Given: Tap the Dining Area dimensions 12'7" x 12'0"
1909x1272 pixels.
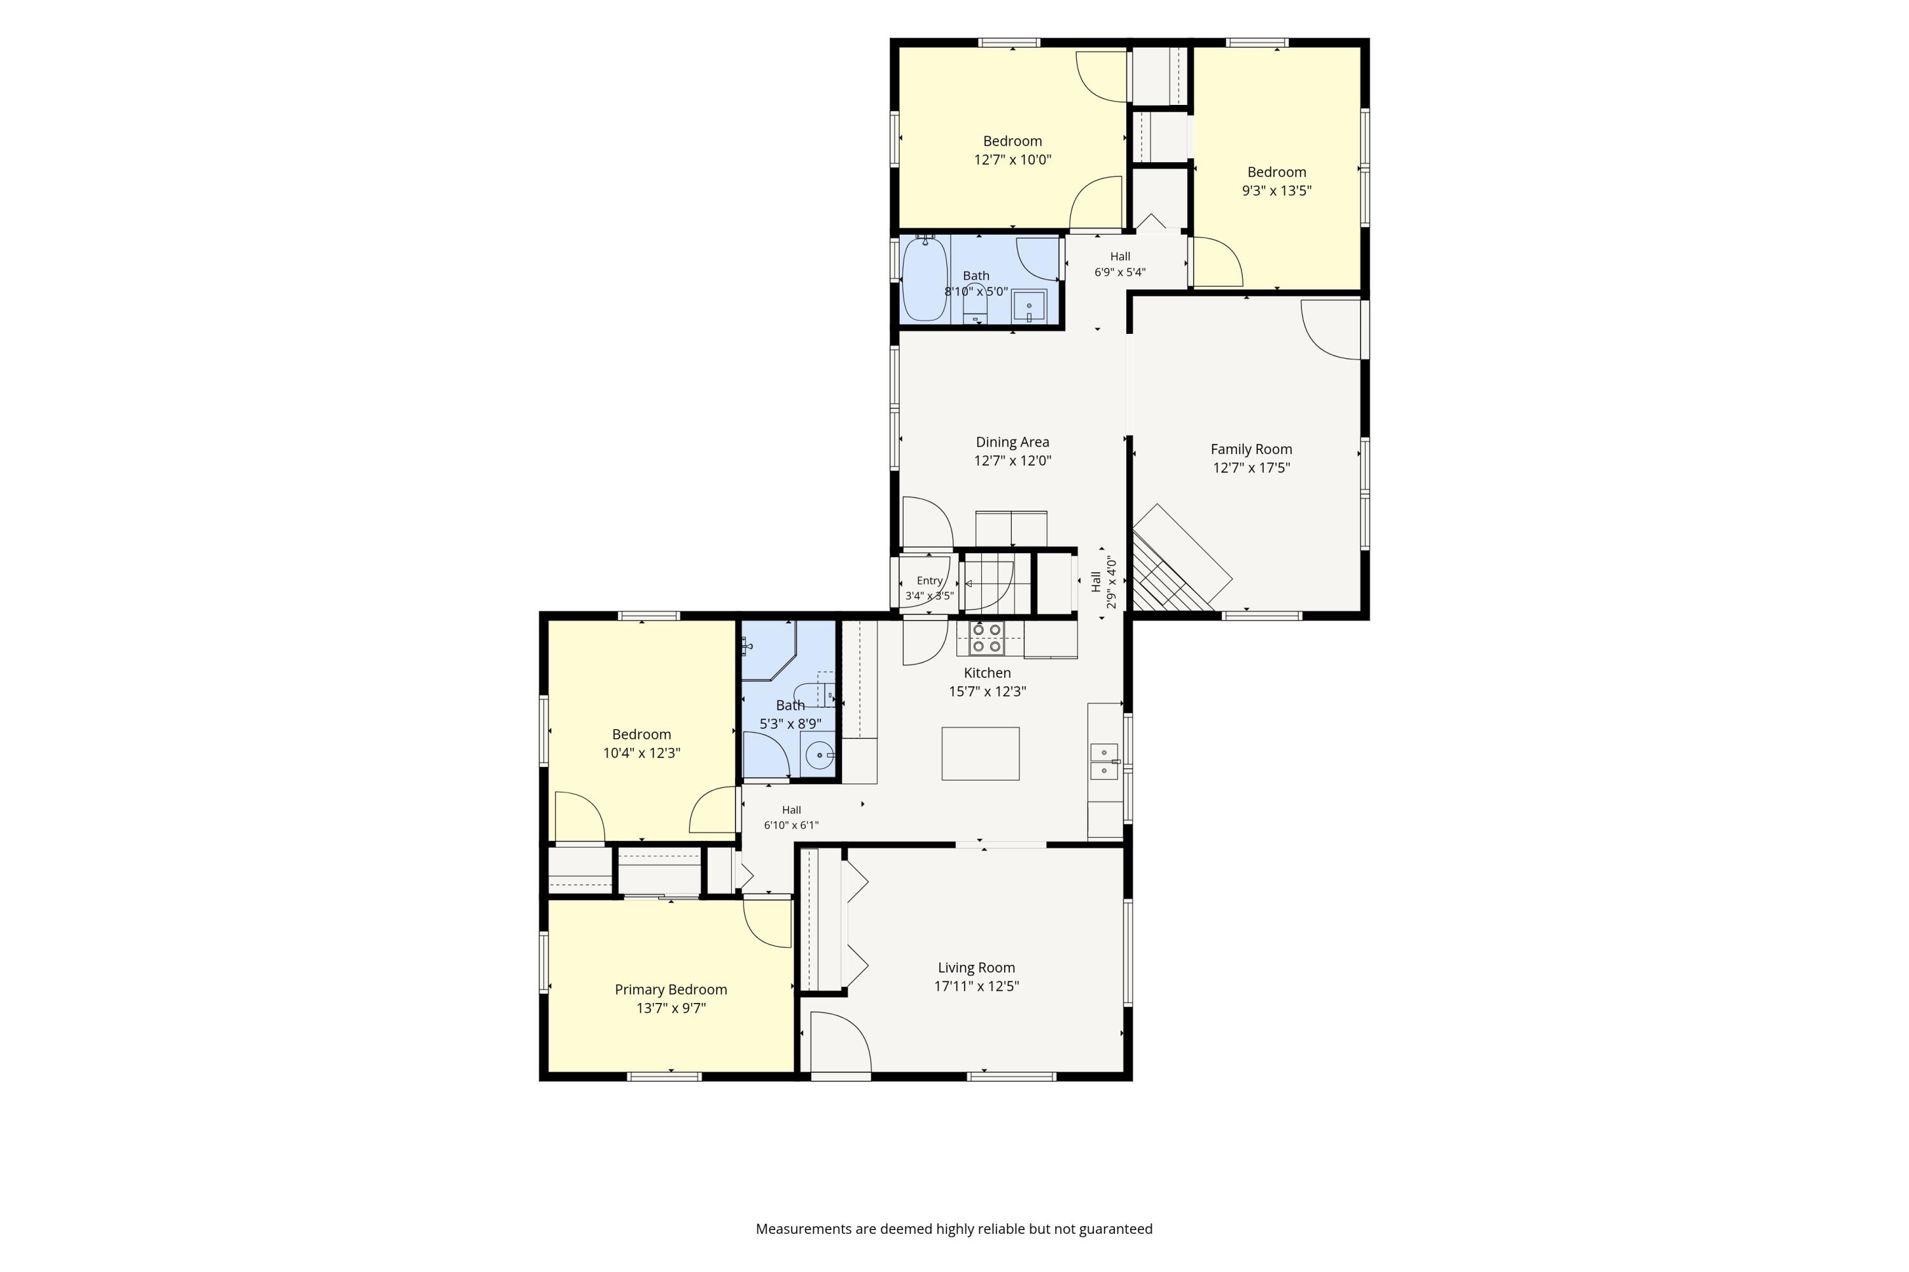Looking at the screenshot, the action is [1012, 460].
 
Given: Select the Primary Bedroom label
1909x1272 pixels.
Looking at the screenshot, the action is [671, 990].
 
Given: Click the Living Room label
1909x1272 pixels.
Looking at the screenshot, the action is [976, 968].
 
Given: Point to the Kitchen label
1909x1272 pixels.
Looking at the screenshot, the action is [987, 672].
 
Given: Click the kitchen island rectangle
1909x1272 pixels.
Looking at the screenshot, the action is [981, 754].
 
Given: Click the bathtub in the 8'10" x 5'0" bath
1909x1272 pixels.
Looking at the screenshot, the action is [925, 279].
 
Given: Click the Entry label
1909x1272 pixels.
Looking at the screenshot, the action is [929, 581].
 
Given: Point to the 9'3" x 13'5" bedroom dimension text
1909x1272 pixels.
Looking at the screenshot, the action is [1276, 191].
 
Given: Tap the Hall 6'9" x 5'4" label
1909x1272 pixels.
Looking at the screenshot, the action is [1120, 265].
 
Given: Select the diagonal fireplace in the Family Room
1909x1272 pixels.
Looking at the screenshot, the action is [1182, 558].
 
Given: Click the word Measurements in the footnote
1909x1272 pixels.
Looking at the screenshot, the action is [804, 1229].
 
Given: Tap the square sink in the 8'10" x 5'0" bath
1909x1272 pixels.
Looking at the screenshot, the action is [1029, 306].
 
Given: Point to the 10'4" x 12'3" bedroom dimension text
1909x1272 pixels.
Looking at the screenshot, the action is [641, 753].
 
